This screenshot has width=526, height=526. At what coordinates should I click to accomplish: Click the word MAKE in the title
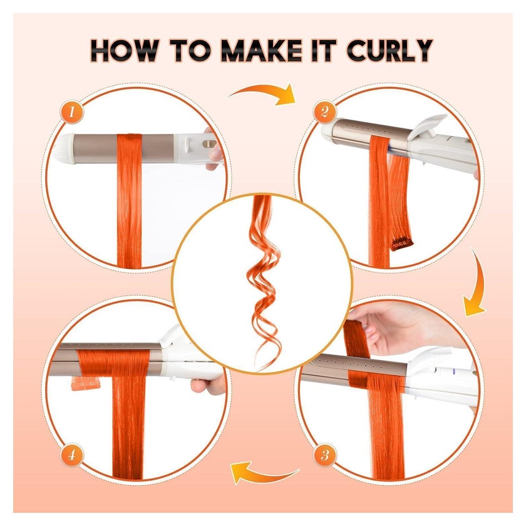[x=262, y=51]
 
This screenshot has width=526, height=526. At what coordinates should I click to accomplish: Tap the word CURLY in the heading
[x=389, y=51]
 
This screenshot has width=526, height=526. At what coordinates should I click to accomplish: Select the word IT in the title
[x=324, y=51]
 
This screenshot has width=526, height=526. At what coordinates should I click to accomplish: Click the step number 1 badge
[x=71, y=111]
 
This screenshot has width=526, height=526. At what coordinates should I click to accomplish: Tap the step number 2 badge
[x=324, y=111]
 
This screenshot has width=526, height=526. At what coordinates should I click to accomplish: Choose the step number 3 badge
[x=325, y=455]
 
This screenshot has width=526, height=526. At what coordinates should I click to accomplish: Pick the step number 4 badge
[x=71, y=455]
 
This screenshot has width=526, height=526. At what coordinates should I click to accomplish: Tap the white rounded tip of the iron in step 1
[x=63, y=149]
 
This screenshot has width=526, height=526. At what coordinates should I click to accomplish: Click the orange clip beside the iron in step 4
[x=86, y=383]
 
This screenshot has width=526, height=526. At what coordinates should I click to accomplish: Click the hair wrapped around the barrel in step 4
[x=114, y=363]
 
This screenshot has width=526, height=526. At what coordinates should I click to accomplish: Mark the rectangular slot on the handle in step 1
[x=209, y=144]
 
